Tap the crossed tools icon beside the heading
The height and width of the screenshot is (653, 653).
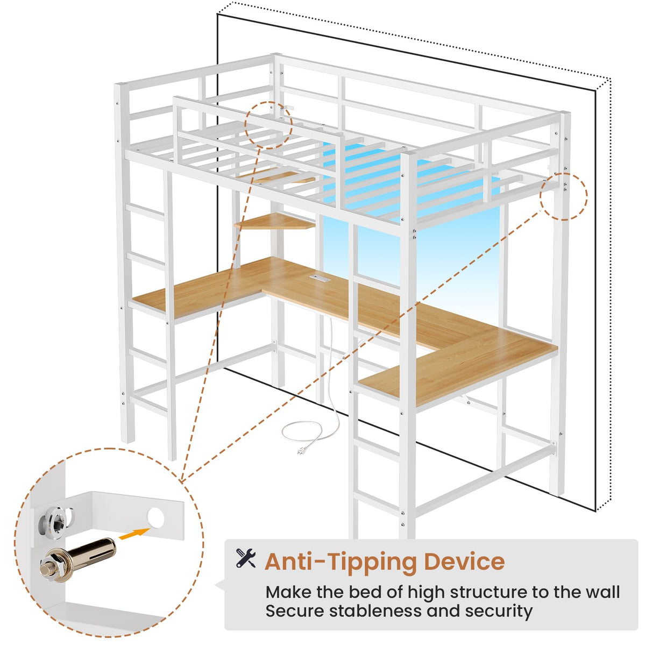click(x=246, y=558)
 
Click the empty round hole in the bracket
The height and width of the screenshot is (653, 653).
click(x=155, y=517)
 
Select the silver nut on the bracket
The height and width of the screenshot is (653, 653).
click(x=55, y=520)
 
